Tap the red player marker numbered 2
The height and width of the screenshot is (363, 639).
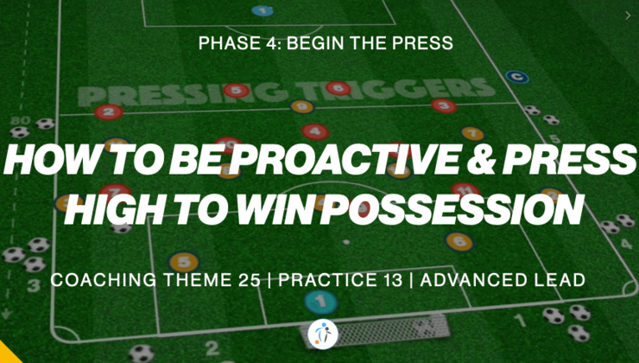(107, 111)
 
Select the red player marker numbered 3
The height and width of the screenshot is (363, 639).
(443, 106)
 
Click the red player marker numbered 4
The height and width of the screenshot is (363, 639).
(315, 132)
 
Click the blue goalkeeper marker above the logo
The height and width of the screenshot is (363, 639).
(320, 302)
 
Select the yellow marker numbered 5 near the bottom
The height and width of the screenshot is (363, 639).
(182, 259)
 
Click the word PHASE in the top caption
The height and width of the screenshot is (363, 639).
(223, 41)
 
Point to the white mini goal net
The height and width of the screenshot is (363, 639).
(402, 327)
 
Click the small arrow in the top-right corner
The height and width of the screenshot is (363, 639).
(627, 15)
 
